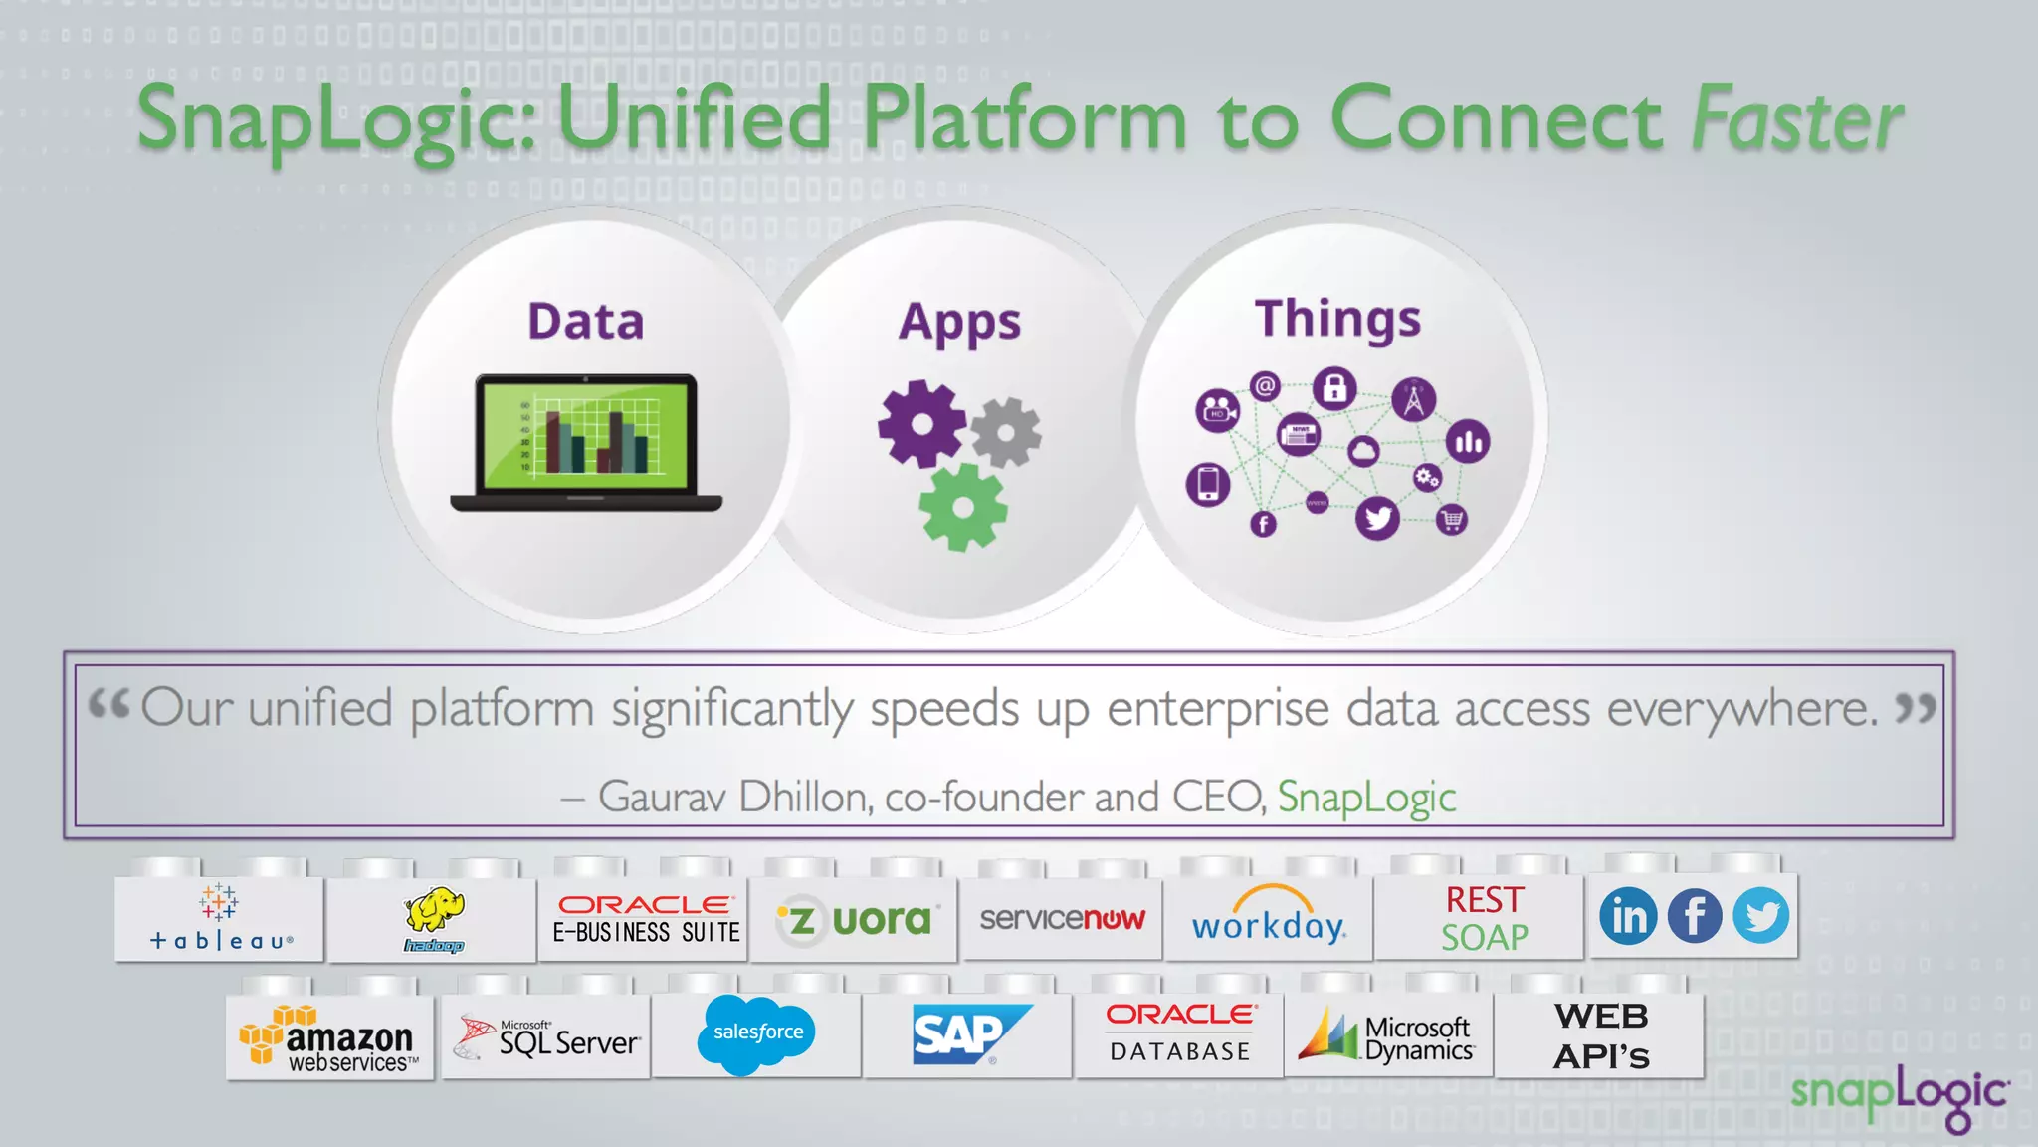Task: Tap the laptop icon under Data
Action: click(x=586, y=442)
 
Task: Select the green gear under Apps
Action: click(x=962, y=507)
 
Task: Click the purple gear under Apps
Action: click(x=921, y=423)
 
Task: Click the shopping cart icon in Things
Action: click(x=1452, y=519)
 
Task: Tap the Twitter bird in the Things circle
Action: click(x=1377, y=518)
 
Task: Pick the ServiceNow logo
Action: click(x=1062, y=918)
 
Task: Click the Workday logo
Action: click(x=1269, y=917)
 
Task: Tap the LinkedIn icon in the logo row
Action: click(x=1628, y=916)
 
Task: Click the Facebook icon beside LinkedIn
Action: click(x=1694, y=916)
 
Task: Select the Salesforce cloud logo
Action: click(x=758, y=1033)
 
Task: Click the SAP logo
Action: click(x=967, y=1034)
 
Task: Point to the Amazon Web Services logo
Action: click(x=329, y=1040)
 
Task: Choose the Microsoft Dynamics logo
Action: click(x=1386, y=1036)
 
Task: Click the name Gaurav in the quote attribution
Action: click(x=662, y=798)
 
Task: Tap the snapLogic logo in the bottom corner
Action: click(x=1899, y=1096)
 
